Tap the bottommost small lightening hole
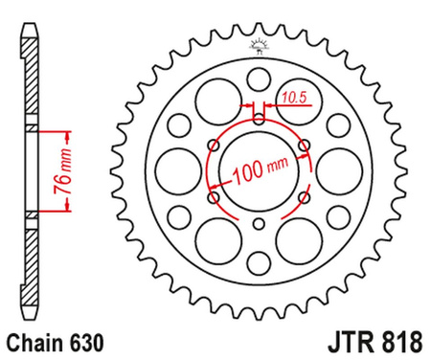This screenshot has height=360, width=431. [258, 260]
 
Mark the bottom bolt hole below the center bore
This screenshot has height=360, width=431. [258, 225]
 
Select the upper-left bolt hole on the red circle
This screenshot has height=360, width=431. [213, 146]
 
